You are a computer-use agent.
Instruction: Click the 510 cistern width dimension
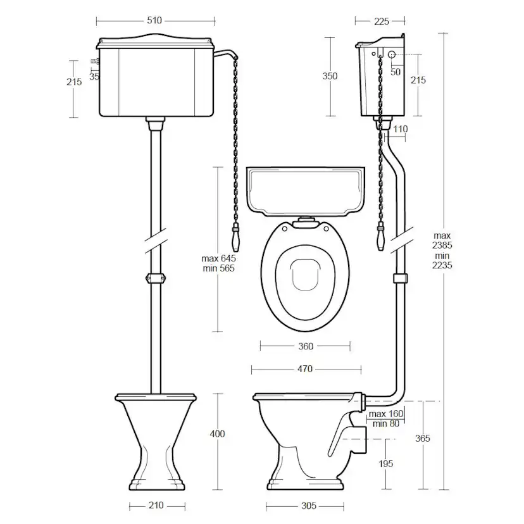[154, 20]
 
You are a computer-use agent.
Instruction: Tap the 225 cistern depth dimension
[382, 22]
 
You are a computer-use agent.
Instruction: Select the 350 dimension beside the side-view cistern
[330, 76]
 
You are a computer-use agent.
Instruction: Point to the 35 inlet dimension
[94, 77]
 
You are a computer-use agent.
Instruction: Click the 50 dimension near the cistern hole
[396, 72]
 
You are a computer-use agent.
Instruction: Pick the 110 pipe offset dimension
[401, 129]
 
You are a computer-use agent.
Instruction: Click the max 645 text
[218, 258]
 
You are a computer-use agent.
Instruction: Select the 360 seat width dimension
[306, 346]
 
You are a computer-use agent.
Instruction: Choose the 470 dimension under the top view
[305, 369]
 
